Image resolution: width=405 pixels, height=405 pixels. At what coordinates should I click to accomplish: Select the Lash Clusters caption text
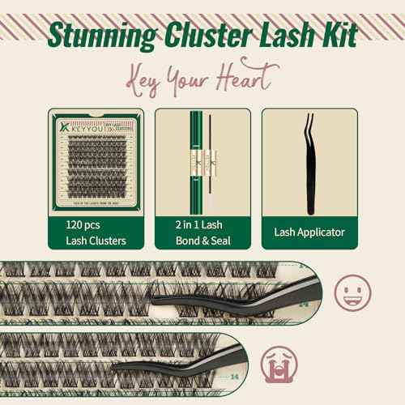pos(96,240)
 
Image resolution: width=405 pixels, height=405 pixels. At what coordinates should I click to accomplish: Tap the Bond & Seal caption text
pos(202,240)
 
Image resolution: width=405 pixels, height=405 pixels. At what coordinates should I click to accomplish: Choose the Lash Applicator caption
pos(309,232)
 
